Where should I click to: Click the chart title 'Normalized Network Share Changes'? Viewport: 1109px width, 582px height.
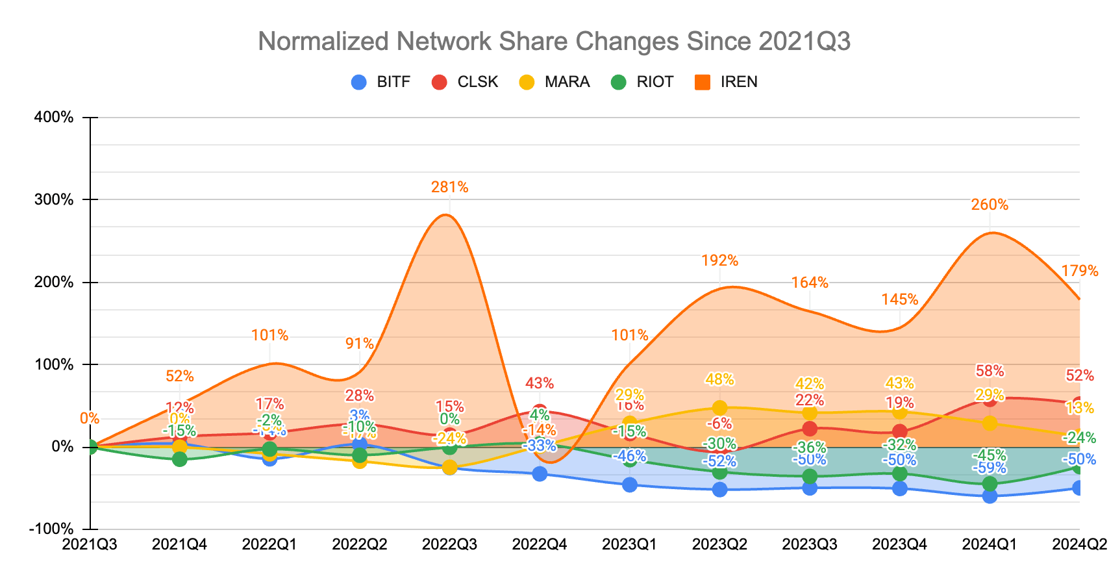click(x=554, y=42)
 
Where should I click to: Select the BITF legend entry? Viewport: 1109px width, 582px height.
click(x=381, y=82)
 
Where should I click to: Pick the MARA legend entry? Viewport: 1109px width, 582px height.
click(x=555, y=82)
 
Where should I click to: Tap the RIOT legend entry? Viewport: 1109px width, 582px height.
click(x=643, y=82)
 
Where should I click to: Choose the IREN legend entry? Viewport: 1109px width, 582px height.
click(x=727, y=82)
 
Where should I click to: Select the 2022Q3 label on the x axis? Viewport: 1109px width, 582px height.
click(x=449, y=544)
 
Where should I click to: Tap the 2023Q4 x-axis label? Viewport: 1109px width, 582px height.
click(x=899, y=544)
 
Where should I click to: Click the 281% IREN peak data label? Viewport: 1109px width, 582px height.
click(x=449, y=188)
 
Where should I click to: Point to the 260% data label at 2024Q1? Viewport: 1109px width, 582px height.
click(x=990, y=205)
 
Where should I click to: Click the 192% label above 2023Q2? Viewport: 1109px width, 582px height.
click(x=719, y=261)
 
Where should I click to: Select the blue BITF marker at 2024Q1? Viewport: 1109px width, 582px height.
click(x=990, y=496)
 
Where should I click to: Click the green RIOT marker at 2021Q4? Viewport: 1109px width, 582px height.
click(x=180, y=459)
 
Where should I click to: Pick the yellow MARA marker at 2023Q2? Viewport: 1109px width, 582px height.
click(x=719, y=408)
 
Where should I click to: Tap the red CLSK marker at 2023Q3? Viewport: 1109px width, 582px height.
click(x=810, y=429)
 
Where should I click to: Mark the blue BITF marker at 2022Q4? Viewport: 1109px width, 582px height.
click(x=540, y=474)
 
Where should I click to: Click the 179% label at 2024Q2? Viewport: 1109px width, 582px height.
click(x=1079, y=271)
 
